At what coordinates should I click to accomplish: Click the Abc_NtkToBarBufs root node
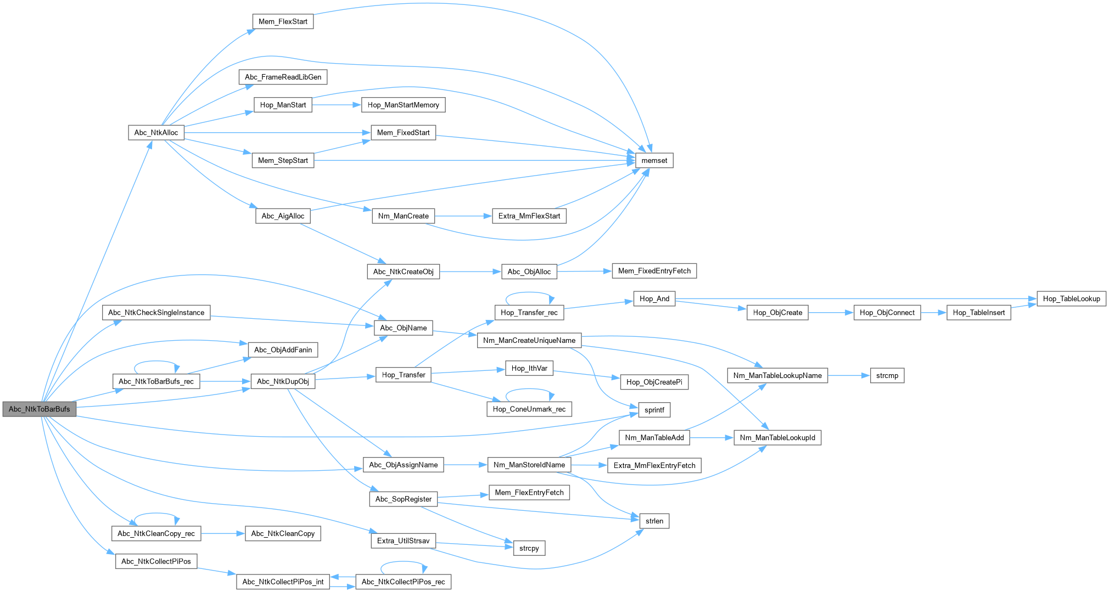point(39,409)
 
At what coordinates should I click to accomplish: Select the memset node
point(654,160)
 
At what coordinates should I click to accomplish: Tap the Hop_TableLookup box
point(1071,298)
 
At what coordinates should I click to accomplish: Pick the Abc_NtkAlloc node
point(156,132)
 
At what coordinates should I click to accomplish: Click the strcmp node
point(887,375)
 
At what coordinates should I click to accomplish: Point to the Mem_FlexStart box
point(283,21)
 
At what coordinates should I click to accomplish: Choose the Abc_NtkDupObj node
point(283,381)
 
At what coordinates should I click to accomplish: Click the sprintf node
point(654,409)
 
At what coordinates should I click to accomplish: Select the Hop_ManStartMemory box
point(403,105)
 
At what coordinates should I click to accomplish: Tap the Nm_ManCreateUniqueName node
point(529,340)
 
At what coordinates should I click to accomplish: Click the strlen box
point(654,521)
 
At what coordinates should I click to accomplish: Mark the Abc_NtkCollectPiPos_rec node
point(403,582)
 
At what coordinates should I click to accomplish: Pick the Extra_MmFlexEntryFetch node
point(654,465)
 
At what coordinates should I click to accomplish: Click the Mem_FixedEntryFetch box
point(654,270)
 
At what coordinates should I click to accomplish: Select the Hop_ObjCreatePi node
point(654,382)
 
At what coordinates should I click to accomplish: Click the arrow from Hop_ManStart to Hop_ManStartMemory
point(336,105)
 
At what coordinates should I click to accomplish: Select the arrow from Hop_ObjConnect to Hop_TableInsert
point(933,313)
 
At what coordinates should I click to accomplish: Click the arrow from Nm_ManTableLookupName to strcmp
point(849,375)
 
